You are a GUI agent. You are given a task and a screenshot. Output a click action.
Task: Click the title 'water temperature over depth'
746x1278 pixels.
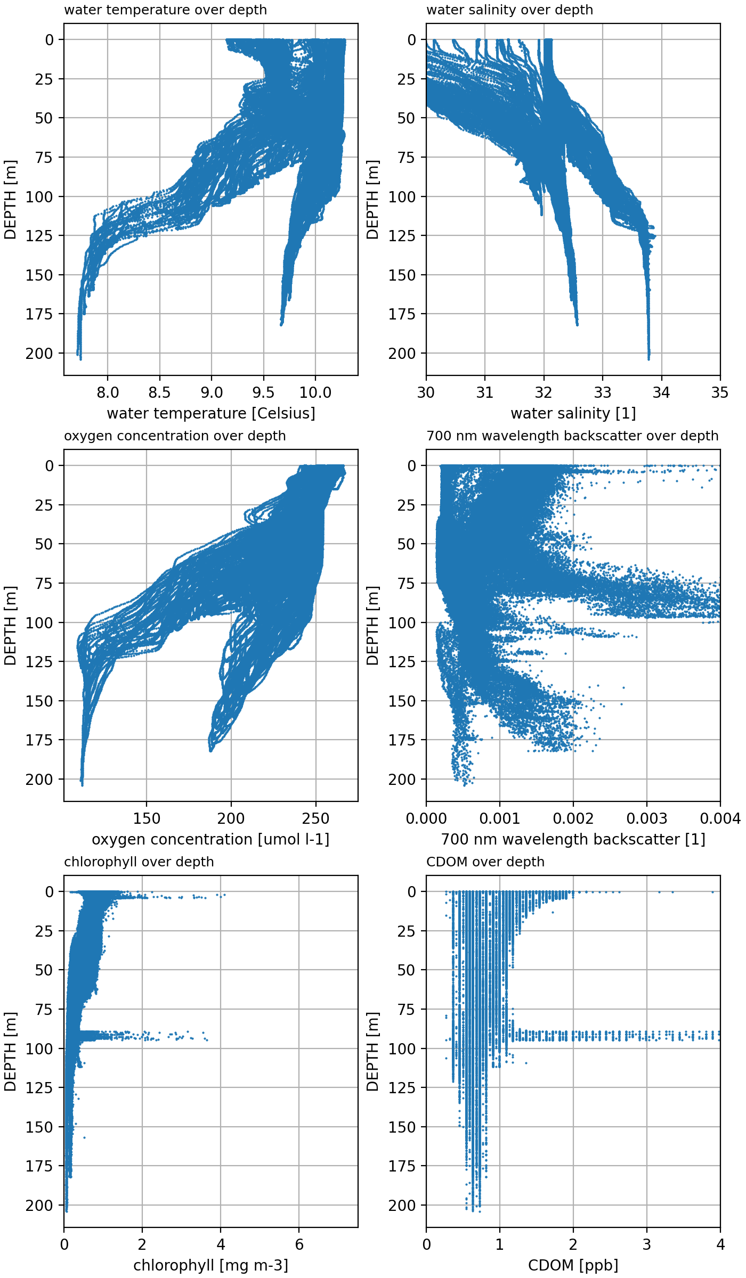pyautogui.click(x=165, y=10)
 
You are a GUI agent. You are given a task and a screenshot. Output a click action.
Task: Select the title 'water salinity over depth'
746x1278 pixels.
pyautogui.click(x=509, y=10)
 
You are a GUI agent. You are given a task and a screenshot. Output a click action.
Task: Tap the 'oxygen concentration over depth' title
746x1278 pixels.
pyautogui.click(x=175, y=436)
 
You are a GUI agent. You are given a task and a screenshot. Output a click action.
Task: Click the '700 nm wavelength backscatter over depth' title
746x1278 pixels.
pyautogui.click(x=572, y=436)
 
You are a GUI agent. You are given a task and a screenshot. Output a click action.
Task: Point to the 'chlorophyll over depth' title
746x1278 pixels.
pyautogui.click(x=139, y=862)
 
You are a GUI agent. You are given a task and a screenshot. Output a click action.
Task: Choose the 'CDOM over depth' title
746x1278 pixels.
pyautogui.click(x=485, y=862)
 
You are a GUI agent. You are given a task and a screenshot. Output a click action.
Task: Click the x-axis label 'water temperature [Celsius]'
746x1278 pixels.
pyautogui.click(x=211, y=414)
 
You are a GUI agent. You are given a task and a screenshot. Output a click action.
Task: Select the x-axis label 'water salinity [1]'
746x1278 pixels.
pyautogui.click(x=573, y=414)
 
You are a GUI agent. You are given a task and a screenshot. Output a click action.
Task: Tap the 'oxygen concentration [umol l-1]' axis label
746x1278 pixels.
pyautogui.click(x=211, y=840)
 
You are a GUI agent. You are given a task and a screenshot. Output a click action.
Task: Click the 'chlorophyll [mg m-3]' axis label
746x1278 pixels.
pyautogui.click(x=211, y=1266)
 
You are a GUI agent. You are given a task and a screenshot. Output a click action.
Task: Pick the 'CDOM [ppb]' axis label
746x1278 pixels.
pyautogui.click(x=573, y=1266)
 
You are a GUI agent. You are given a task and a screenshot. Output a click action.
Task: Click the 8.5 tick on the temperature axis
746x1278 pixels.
pyautogui.click(x=159, y=393)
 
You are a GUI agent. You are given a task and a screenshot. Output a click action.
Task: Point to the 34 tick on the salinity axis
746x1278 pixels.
pyautogui.click(x=661, y=393)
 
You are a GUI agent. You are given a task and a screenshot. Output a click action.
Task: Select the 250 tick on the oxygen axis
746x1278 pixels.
pyautogui.click(x=315, y=819)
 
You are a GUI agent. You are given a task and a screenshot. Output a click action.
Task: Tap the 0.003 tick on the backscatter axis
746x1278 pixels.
pyautogui.click(x=647, y=819)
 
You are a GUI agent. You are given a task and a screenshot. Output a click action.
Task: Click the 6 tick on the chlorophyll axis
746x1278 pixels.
pyautogui.click(x=299, y=1245)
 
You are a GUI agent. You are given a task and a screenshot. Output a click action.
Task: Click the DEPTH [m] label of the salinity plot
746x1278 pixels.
pyautogui.click(x=372, y=200)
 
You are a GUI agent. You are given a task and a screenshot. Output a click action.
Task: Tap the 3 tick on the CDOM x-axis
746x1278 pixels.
pyautogui.click(x=647, y=1245)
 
